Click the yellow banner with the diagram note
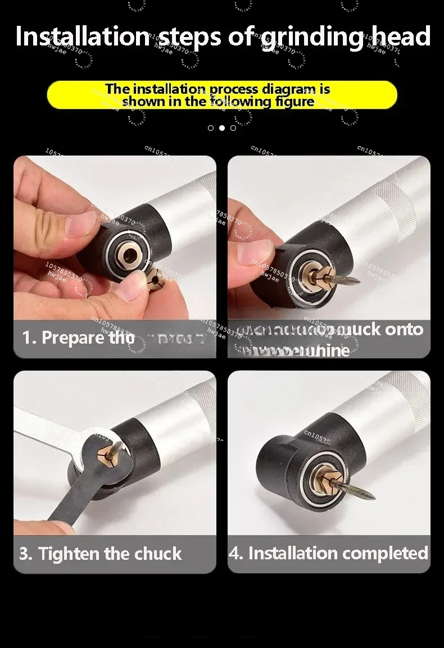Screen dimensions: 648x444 click(222, 95)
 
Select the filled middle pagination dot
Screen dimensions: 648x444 click(222, 128)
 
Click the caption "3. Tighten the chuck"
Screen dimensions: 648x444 click(101, 554)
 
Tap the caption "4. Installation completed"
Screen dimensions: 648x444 click(329, 553)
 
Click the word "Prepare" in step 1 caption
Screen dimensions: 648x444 click(73, 337)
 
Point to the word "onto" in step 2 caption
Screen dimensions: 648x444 click(405, 329)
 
